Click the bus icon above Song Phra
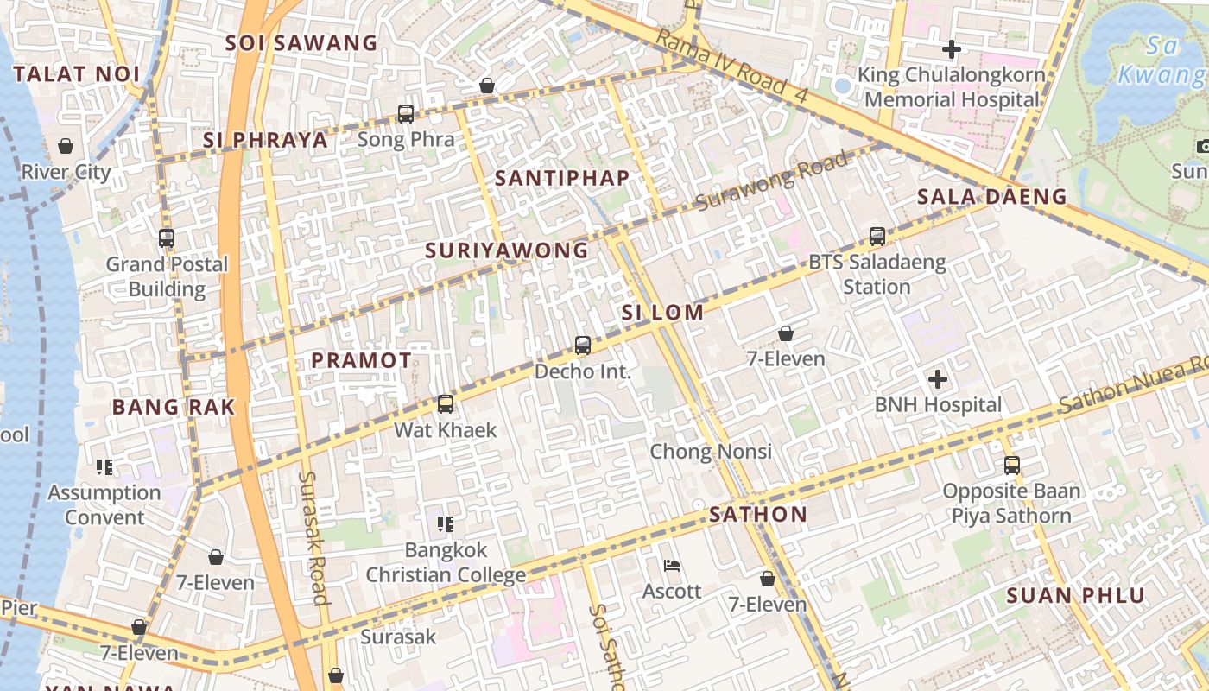[x=405, y=113]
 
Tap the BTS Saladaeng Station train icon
[x=877, y=236]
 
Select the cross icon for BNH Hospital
[x=938, y=378]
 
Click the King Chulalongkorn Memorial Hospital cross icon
[x=951, y=49]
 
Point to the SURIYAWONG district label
[x=506, y=250]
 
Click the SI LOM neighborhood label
[x=662, y=313]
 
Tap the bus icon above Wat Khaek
[x=446, y=403]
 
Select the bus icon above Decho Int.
[x=583, y=345]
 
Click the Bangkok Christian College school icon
[x=446, y=523]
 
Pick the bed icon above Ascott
[x=672, y=566]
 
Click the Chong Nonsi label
[x=711, y=451]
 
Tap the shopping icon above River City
[x=66, y=146]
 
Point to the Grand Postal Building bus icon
[x=167, y=238]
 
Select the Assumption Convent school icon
[x=104, y=467]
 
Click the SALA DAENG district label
[x=992, y=196]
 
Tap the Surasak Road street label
[x=313, y=537]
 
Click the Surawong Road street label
[x=772, y=181]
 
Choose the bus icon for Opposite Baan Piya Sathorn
[x=1011, y=466]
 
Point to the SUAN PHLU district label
[x=1075, y=595]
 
